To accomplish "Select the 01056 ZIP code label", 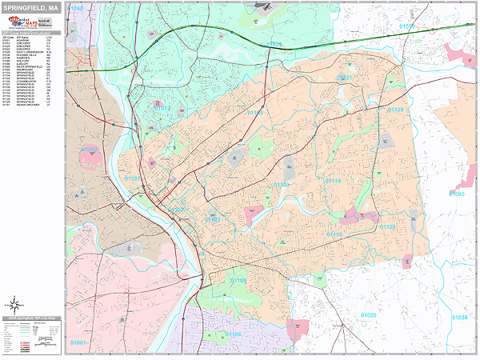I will click(x=408, y=26).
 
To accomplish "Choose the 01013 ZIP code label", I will click(x=162, y=109).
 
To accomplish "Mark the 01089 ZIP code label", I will click(x=90, y=149).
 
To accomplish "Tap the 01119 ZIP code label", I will click(x=333, y=182).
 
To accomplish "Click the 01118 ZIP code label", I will click(x=334, y=234).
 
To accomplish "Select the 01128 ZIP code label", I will click(x=386, y=228).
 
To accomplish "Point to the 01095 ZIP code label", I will click(x=457, y=194).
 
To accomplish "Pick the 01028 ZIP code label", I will click(x=368, y=315).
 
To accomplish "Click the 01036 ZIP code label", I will click(x=459, y=318).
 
